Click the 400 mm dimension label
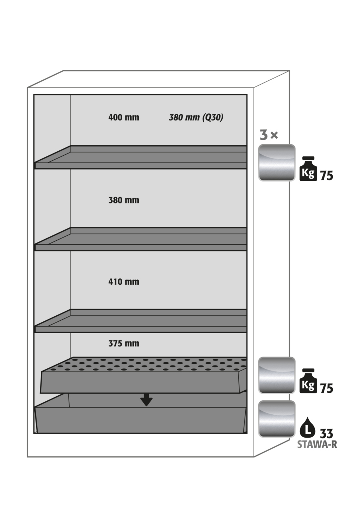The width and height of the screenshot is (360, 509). tap(124, 118)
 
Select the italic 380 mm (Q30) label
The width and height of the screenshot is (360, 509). tap(196, 118)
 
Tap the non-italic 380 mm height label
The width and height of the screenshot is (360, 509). tap(124, 200)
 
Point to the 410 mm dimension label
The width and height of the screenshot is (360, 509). tap(124, 282)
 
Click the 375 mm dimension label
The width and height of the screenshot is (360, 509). tap(124, 343)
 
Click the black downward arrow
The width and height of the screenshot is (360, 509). tap(147, 400)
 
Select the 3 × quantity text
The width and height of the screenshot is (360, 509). tap(269, 135)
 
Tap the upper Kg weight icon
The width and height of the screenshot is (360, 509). tap(308, 169)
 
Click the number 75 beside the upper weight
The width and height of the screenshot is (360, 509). tap(327, 176)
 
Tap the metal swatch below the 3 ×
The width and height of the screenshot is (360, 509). tap(277, 163)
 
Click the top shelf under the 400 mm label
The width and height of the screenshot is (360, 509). tap(141, 157)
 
